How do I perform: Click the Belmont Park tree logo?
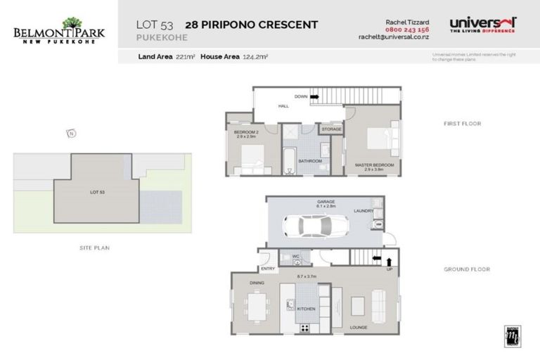click(x=72, y=23)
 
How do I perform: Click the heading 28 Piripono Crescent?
click(x=251, y=25)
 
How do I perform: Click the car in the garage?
click(x=314, y=226)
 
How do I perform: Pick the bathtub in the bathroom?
click(x=288, y=160)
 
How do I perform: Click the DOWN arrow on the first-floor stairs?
click(x=314, y=96)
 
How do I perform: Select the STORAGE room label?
click(x=331, y=129)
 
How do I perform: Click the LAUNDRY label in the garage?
click(x=363, y=210)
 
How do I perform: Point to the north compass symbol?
click(x=70, y=133)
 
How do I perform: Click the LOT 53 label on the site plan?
click(x=97, y=191)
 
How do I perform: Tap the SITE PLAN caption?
click(x=94, y=247)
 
